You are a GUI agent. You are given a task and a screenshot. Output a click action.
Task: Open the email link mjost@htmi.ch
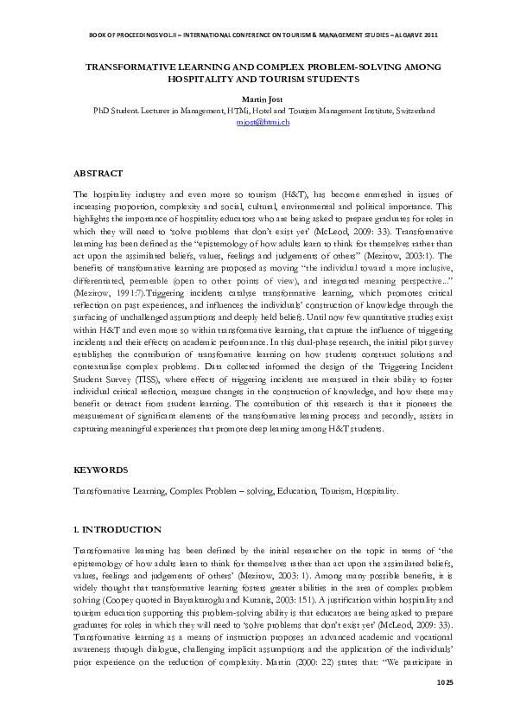(x=263, y=122)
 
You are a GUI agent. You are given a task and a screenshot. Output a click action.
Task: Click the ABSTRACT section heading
(x=98, y=173)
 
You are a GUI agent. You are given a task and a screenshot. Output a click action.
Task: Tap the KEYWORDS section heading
(x=102, y=469)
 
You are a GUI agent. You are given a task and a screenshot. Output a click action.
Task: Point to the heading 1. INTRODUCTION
(x=117, y=528)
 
